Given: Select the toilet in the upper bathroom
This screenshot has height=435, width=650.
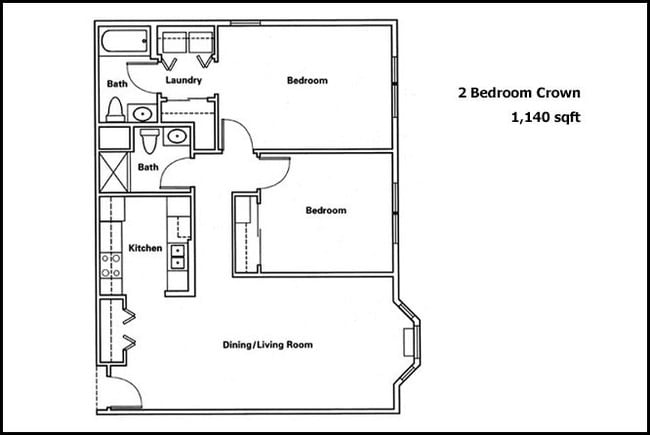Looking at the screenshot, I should (x=115, y=108).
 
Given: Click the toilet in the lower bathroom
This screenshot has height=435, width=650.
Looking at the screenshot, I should (x=149, y=135).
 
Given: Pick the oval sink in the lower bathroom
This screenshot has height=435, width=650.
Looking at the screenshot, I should (x=178, y=135).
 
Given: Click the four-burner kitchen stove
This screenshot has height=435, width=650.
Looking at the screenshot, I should (x=110, y=265).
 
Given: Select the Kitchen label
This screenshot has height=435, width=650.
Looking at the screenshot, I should (x=146, y=248).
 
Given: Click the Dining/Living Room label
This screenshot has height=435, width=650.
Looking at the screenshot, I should (x=267, y=345).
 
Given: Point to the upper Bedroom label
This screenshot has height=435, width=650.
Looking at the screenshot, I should (x=307, y=80).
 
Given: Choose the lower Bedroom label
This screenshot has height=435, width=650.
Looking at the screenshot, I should (x=326, y=210).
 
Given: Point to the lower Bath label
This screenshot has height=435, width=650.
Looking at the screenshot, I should (x=148, y=166).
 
